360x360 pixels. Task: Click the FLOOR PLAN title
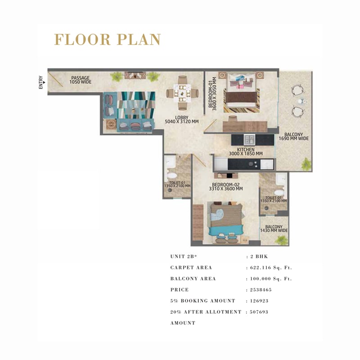pos(108,40)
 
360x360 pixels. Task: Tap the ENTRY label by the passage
pos(41,82)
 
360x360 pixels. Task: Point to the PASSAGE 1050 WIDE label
pos(81,80)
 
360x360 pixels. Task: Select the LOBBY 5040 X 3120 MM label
pos(182,120)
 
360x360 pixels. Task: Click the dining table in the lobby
pos(182,93)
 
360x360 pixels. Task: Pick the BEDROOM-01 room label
pos(212,94)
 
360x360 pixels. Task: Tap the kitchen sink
pos(249,139)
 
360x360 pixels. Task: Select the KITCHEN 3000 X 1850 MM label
pos(246,152)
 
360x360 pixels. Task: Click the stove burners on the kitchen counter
pos(253,164)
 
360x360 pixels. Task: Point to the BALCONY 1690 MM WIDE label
pos(294,136)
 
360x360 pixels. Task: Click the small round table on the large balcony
pos(301,101)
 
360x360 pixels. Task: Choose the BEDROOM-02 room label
pos(226,187)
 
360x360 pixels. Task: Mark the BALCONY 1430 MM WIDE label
pos(274,229)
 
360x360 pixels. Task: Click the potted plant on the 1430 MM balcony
pos(281,240)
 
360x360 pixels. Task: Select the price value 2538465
pos(261,290)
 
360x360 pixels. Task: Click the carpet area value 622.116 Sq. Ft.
pos(271,268)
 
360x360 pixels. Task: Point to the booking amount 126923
pos(259,301)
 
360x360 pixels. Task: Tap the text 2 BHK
pos(259,256)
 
